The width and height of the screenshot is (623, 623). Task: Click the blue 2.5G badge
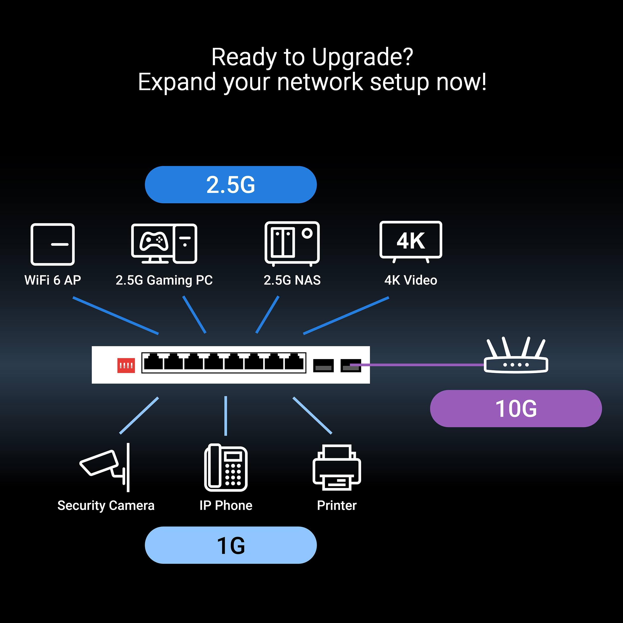point(231,184)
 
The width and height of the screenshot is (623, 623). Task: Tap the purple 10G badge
point(516,408)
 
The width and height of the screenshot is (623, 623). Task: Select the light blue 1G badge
point(231,545)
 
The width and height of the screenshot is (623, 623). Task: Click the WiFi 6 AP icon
point(53,244)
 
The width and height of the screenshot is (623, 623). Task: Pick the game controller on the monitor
point(154,241)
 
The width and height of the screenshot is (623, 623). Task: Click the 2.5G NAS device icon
point(292,243)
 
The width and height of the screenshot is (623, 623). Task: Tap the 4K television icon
point(410,240)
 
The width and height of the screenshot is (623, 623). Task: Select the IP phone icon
point(226,467)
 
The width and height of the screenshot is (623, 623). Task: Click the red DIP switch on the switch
point(126,365)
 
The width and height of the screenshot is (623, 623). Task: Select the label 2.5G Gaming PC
point(164,280)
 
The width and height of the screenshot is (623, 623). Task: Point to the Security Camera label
point(106,505)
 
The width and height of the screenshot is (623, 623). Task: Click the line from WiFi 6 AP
point(115,315)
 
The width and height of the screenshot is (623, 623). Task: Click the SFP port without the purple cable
point(323,365)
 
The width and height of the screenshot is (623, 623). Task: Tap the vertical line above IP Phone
point(226,416)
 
